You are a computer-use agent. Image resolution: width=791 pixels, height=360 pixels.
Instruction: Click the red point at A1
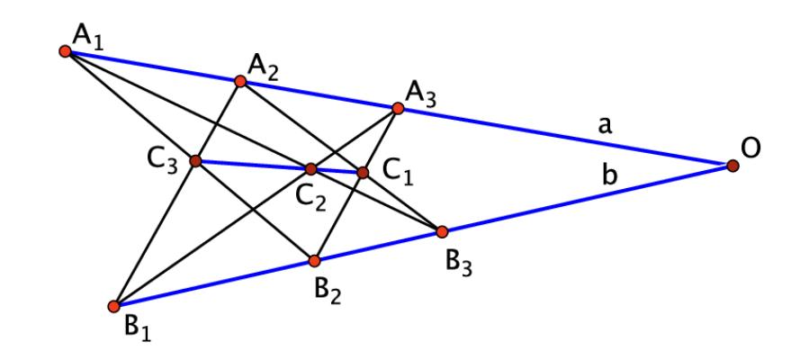(65, 51)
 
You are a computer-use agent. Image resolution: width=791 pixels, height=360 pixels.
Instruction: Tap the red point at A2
(240, 81)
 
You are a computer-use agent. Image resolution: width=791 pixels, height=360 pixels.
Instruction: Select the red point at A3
(397, 109)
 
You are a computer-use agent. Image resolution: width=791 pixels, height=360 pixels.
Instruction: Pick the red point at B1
(113, 306)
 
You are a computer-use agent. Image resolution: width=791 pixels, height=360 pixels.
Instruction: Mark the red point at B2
(314, 261)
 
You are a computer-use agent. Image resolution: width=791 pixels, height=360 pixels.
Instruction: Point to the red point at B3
(442, 231)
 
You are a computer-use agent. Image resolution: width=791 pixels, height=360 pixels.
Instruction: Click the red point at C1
(363, 172)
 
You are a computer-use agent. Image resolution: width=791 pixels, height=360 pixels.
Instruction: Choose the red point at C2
(310, 169)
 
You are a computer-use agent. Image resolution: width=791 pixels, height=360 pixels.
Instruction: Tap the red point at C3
(195, 161)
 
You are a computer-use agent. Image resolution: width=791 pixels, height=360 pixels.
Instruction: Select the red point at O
(733, 166)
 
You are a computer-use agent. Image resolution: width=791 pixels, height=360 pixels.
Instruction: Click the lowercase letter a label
(607, 127)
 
